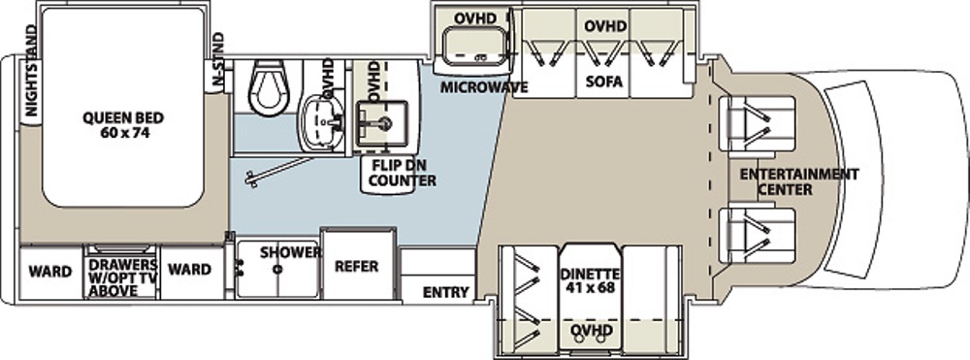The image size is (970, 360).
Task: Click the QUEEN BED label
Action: click(123, 123)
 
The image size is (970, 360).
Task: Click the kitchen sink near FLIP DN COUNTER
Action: click(380, 122)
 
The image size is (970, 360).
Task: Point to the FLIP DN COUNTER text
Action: click(404, 173)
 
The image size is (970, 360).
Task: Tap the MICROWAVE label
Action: click(484, 87)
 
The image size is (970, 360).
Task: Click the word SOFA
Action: click(605, 82)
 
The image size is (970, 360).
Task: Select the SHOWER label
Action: click(291, 252)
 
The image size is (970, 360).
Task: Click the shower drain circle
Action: click(278, 269)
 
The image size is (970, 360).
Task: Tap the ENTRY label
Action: click(445, 292)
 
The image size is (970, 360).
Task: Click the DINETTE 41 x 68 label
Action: click(589, 280)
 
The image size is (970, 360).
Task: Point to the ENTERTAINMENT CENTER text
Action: click(799, 181)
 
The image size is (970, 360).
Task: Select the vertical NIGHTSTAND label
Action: click(31, 74)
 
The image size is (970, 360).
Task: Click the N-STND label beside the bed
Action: click(217, 59)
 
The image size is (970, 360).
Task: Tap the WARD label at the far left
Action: click(50, 272)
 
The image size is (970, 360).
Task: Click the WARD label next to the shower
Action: click(189, 270)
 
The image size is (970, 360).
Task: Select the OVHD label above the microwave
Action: click(475, 18)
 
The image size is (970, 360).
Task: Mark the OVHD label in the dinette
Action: click(592, 329)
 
